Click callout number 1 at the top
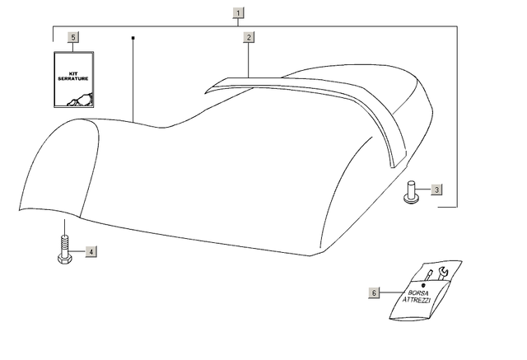click(238, 13)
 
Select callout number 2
click(249, 37)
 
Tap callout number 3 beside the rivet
click(436, 189)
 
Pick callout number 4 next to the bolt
click(91, 251)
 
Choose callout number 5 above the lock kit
click(73, 37)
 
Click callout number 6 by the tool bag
click(374, 292)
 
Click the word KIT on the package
click(73, 73)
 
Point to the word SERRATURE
click(73, 78)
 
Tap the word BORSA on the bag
click(418, 293)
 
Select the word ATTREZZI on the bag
click(417, 300)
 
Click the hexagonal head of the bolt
click(64, 259)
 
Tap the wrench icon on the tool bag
click(443, 273)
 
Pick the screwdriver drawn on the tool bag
click(428, 276)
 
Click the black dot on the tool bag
click(423, 285)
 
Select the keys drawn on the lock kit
click(80, 100)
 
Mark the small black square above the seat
click(133, 38)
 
